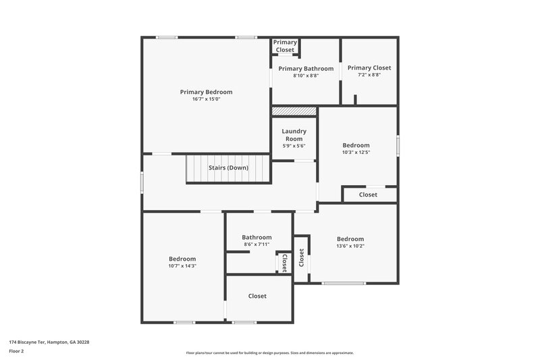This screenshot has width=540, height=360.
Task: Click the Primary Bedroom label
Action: [206, 92]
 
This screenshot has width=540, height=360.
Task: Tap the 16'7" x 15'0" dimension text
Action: [206, 99]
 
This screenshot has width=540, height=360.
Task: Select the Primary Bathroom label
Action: [306, 68]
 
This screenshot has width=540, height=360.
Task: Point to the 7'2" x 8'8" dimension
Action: [369, 75]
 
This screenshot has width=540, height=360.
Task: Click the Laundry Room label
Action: [294, 134]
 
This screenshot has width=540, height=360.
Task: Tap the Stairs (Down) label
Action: [228, 168]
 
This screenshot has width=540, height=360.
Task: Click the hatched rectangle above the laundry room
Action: [294, 111]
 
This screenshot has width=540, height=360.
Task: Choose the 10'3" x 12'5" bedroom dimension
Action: [356, 153]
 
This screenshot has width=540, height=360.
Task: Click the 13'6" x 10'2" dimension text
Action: [350, 246]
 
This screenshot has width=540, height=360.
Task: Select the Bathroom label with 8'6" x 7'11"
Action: [256, 237]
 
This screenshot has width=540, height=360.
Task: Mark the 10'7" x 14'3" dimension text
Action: [182, 266]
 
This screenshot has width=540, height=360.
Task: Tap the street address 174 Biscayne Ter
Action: [49, 342]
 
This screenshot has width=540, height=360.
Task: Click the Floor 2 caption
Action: [16, 351]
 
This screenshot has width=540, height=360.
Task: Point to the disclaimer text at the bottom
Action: [269, 353]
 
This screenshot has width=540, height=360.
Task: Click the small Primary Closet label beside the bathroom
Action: [284, 46]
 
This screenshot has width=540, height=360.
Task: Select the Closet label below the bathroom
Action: [257, 296]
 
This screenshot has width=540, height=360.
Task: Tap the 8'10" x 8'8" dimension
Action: [306, 76]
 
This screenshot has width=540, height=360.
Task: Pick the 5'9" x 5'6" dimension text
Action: [294, 146]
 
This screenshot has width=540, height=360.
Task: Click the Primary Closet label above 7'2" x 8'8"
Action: [369, 68]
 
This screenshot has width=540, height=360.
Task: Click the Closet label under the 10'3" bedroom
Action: [368, 195]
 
